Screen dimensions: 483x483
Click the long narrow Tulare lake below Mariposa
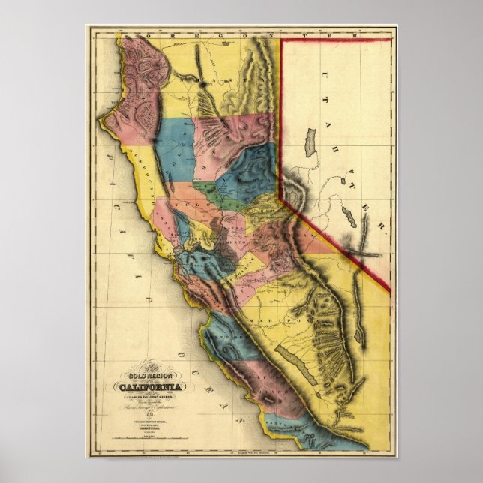[x=293, y=359]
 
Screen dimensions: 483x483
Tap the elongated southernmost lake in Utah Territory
[x=349, y=218]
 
